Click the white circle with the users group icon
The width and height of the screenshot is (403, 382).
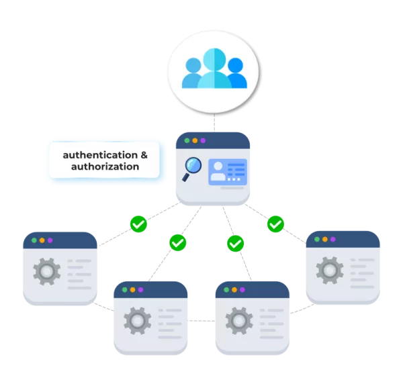[213, 71]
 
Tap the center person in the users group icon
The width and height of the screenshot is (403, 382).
[214, 68]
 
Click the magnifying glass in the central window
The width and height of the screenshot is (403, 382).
[193, 166]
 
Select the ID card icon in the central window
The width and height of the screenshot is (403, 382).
[227, 172]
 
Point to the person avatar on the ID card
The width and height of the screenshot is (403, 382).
[218, 172]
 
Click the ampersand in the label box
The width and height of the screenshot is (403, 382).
[143, 154]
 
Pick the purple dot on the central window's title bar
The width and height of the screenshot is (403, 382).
[203, 140]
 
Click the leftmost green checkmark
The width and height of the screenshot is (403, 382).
[138, 224]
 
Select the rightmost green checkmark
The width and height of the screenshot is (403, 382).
[275, 224]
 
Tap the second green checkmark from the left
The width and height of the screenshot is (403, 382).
[177, 242]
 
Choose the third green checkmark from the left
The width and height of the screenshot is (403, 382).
[234, 243]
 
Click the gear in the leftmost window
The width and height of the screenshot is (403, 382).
[46, 271]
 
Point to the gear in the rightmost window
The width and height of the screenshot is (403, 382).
[329, 270]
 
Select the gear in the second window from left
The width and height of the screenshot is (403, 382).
[137, 320]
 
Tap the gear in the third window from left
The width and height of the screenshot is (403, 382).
[238, 320]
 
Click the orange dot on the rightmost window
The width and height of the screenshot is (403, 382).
[324, 239]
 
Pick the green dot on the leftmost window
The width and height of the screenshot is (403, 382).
[32, 240]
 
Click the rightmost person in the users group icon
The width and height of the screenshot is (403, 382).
[235, 73]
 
